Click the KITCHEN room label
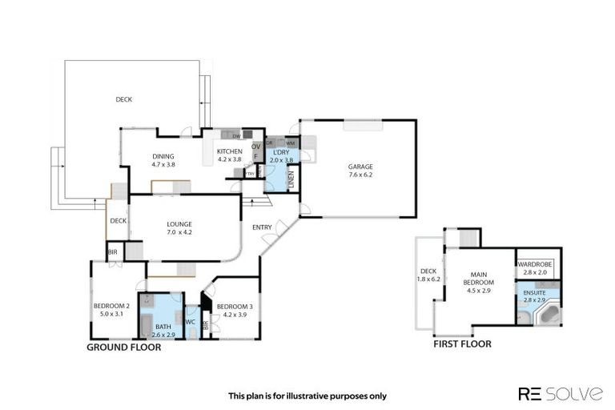click(x=230, y=151)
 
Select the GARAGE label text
click(x=360, y=166)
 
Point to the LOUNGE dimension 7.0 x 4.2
click(x=179, y=232)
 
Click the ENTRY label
click(x=262, y=227)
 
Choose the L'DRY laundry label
click(x=281, y=151)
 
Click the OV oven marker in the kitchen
click(x=256, y=147)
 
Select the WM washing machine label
click(x=290, y=143)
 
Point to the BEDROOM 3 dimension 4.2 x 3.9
click(x=234, y=315)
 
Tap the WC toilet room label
click(x=191, y=323)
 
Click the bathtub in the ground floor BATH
click(x=147, y=324)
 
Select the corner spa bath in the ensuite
click(x=549, y=313)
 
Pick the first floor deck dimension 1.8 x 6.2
click(x=428, y=279)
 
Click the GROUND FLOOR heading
click(x=124, y=348)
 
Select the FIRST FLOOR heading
click(x=462, y=344)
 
